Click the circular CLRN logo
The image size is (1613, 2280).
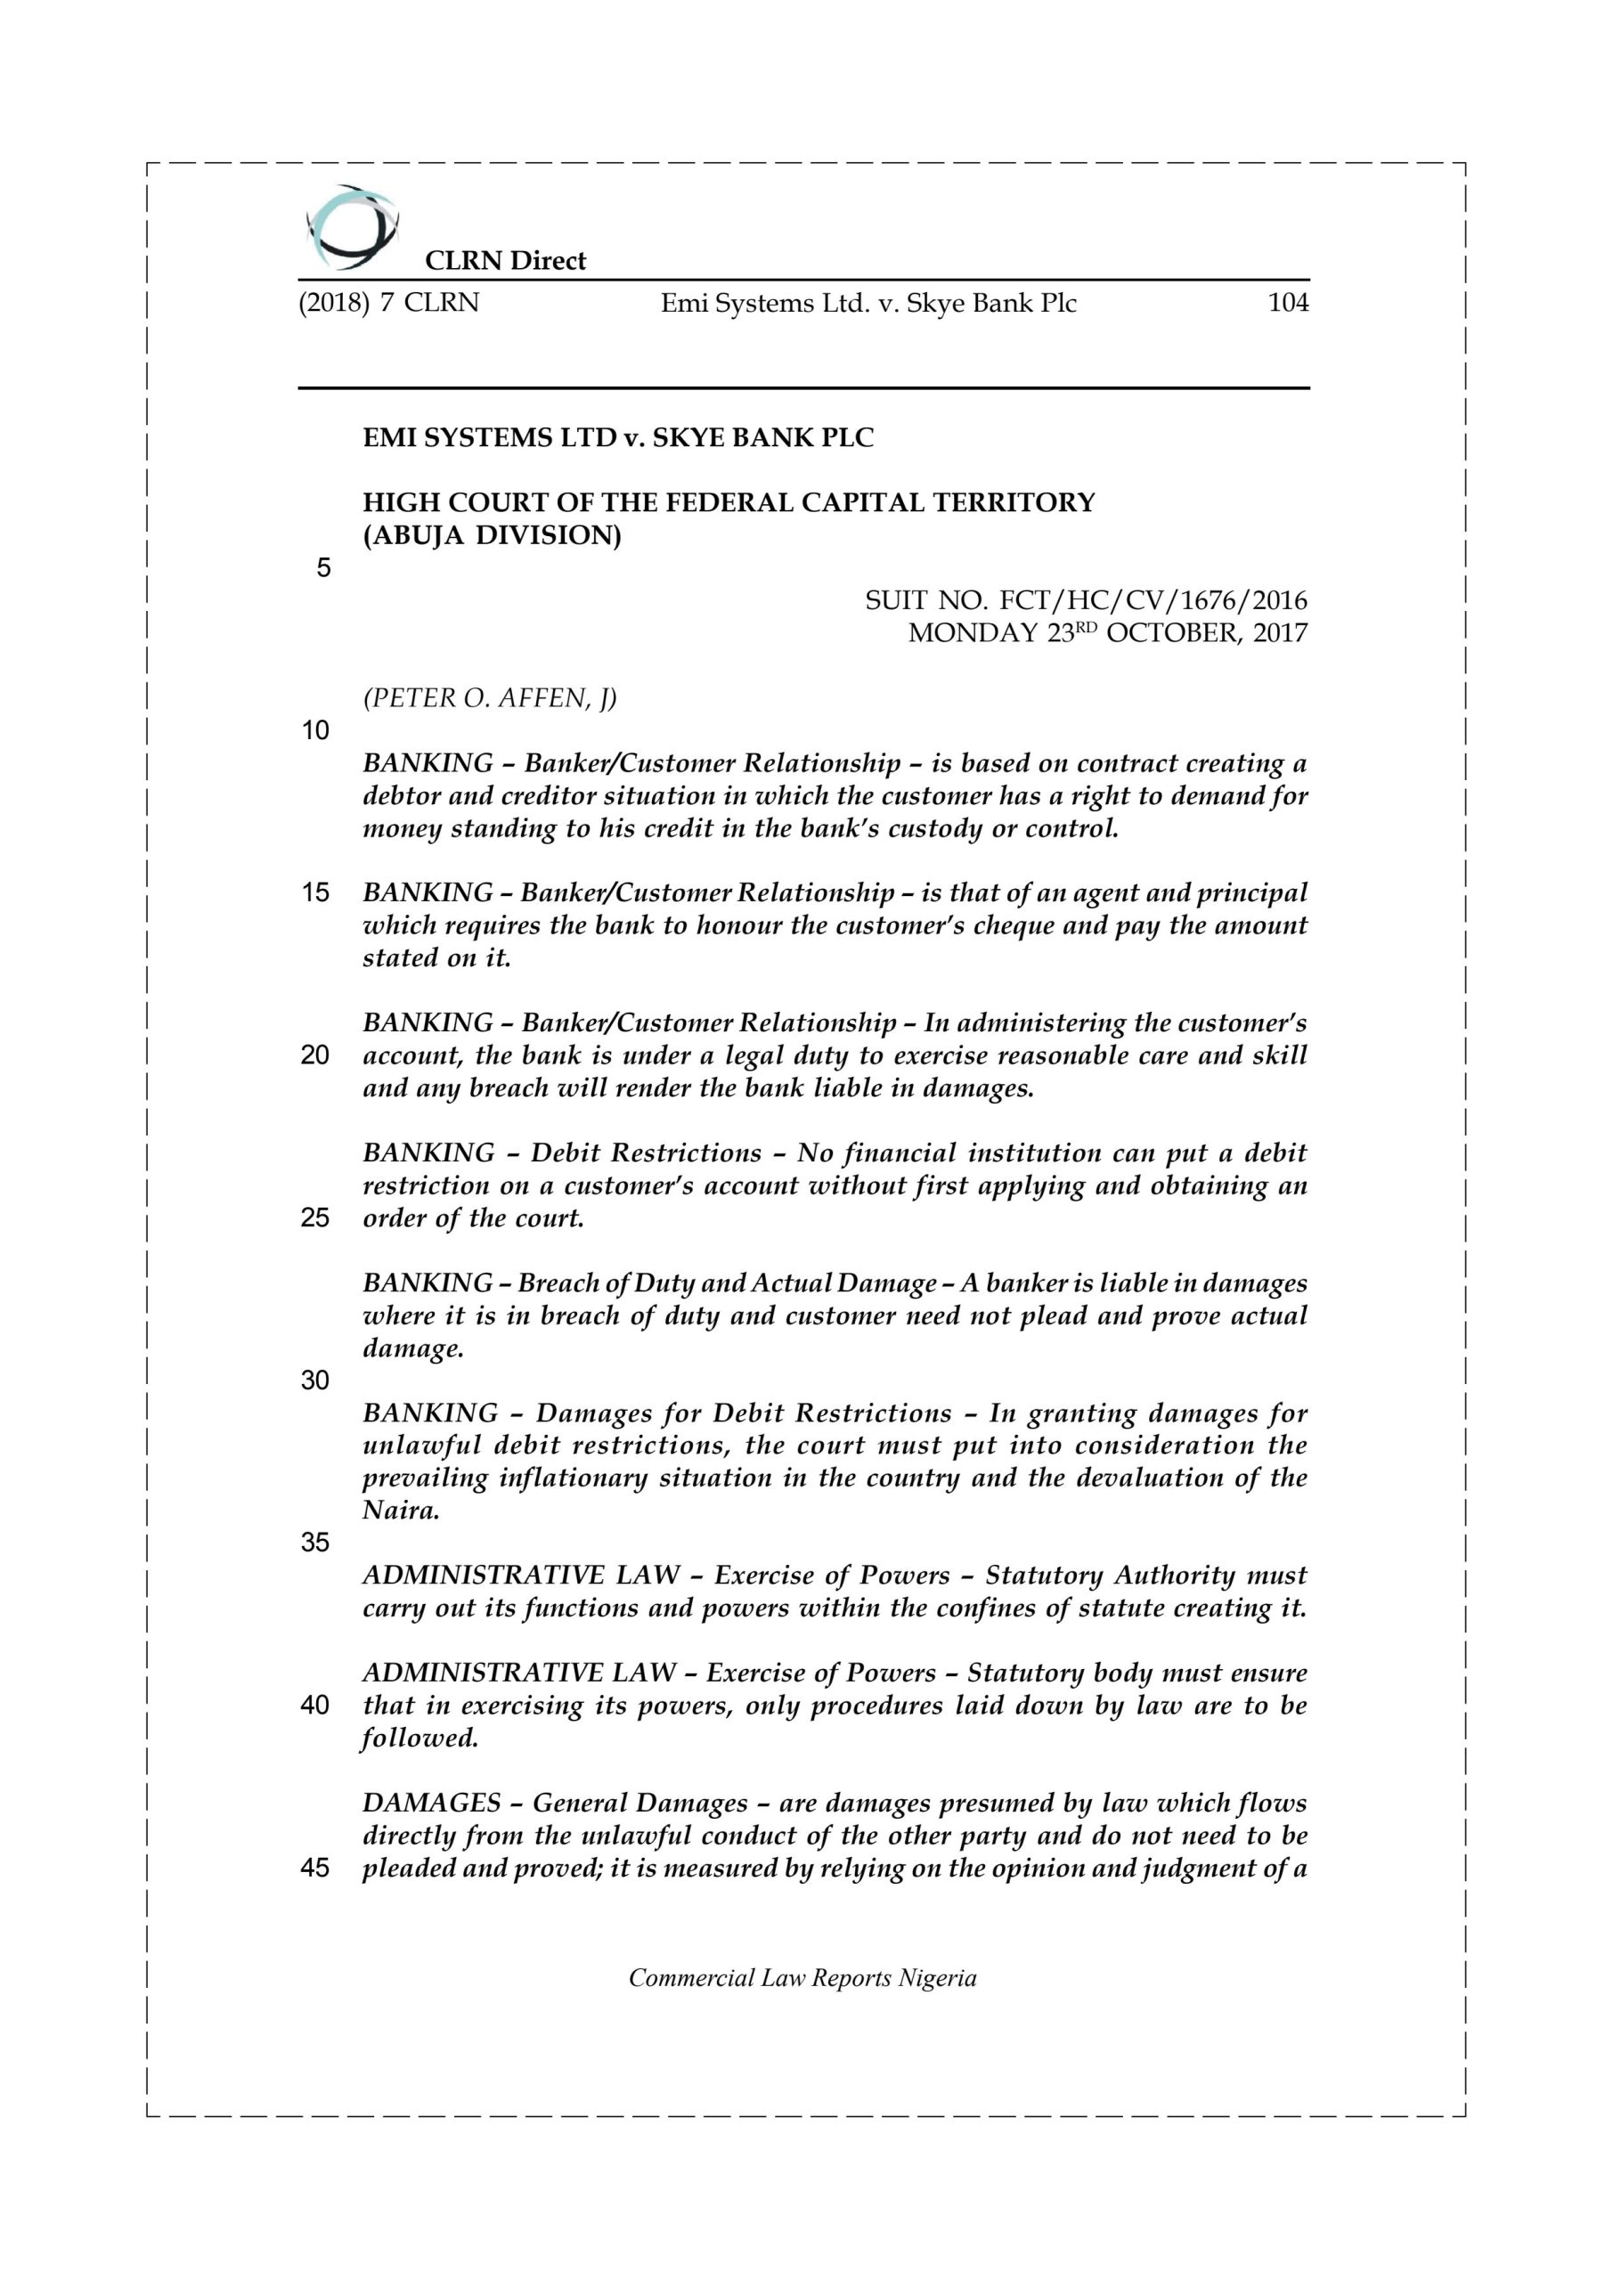pyautogui.click(x=351, y=227)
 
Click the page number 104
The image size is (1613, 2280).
pyautogui.click(x=1287, y=303)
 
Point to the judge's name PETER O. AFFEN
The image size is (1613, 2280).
pyautogui.click(x=490, y=698)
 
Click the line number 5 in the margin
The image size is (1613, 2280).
pyautogui.click(x=324, y=568)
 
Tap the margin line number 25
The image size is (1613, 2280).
pyautogui.click(x=315, y=1217)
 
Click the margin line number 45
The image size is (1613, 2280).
pyautogui.click(x=315, y=1868)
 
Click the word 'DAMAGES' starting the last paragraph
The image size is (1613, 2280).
pyautogui.click(x=431, y=1803)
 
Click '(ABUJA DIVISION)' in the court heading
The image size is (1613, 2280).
pyautogui.click(x=492, y=535)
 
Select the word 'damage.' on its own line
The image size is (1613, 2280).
pyautogui.click(x=412, y=1348)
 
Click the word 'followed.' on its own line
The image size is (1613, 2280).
pyautogui.click(x=420, y=1738)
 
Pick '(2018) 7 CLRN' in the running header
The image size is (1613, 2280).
pyautogui.click(x=388, y=303)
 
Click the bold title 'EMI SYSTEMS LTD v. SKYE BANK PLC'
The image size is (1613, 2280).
pyautogui.click(x=618, y=438)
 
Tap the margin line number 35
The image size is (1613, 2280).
pyautogui.click(x=315, y=1543)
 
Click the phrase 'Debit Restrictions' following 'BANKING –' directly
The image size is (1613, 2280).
pyautogui.click(x=646, y=1152)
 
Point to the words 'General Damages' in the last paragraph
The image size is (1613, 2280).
pyautogui.click(x=639, y=1803)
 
